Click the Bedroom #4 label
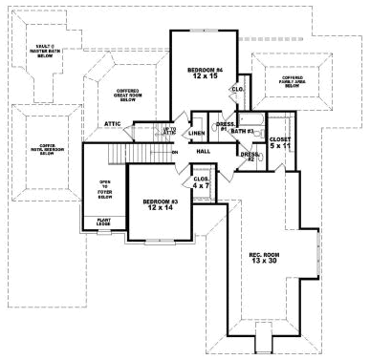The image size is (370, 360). tap(205, 71)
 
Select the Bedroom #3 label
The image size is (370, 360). tap(160, 201)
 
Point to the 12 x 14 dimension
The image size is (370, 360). tap(160, 209)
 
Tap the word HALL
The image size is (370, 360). tap(204, 151)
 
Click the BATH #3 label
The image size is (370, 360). tap(242, 131)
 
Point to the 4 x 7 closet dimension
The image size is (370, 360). tap(202, 185)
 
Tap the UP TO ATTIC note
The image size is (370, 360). tap(170, 131)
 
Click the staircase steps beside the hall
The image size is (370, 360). tap(133, 152)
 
